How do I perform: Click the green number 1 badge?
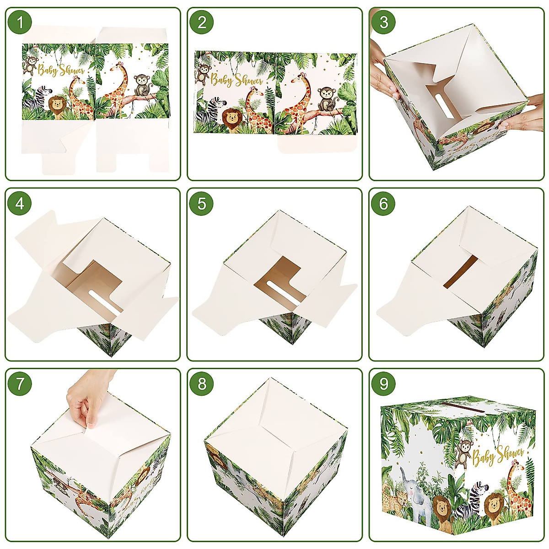click(x=20, y=22)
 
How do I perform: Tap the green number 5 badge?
click(x=202, y=204)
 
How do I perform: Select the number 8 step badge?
click(x=202, y=384)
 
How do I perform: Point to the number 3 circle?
click(x=383, y=22)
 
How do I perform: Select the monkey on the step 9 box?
click(x=465, y=451)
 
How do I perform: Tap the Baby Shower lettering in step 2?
click(x=237, y=80)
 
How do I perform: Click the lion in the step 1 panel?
click(x=57, y=107)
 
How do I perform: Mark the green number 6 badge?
click(x=383, y=204)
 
